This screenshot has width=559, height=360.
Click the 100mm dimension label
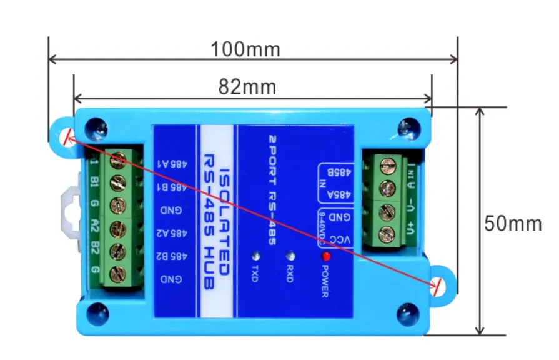pyautogui.click(x=245, y=49)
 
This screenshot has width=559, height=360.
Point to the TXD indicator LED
pyautogui.click(x=255, y=256)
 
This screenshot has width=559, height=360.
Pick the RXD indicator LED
pyautogui.click(x=290, y=256)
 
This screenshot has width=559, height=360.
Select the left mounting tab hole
pyautogui.click(x=66, y=138)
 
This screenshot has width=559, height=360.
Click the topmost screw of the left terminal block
pyautogui.click(x=117, y=162)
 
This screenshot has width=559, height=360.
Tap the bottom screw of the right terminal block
pyautogui.click(x=387, y=234)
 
